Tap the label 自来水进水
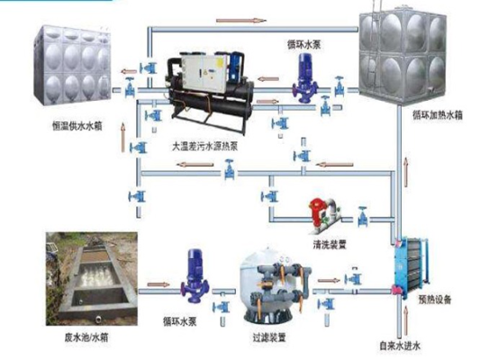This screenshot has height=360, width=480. pyautogui.click(x=401, y=344)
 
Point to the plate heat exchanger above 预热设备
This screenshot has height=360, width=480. pyautogui.click(x=405, y=268)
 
